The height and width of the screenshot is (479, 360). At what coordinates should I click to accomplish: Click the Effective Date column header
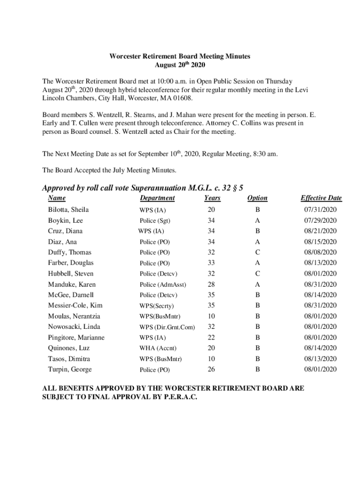point(321,198)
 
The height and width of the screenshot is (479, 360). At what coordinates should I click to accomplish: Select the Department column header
point(157,198)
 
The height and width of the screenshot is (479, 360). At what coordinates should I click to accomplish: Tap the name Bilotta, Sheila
point(68,210)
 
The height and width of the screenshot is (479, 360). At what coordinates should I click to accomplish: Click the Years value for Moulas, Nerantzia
point(212,316)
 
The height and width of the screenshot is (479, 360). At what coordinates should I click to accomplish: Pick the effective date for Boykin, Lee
point(320,221)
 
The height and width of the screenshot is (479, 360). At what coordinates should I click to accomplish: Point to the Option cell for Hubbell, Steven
point(258,274)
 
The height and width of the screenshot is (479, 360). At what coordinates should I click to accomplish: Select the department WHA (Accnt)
point(158,348)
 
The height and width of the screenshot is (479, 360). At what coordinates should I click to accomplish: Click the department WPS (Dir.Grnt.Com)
point(167,327)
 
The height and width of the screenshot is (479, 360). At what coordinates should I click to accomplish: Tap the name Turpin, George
point(70,370)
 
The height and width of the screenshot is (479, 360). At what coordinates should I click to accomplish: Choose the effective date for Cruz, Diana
point(320,232)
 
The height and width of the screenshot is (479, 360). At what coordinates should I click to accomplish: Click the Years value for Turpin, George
point(212,370)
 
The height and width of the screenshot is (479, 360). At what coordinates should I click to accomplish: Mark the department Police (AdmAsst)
point(163,285)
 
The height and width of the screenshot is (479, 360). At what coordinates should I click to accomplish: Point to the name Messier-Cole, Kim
point(75,306)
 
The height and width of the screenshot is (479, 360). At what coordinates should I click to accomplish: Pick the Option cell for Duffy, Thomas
point(258,253)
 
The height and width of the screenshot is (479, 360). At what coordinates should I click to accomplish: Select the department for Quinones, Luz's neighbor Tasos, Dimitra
point(160,359)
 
